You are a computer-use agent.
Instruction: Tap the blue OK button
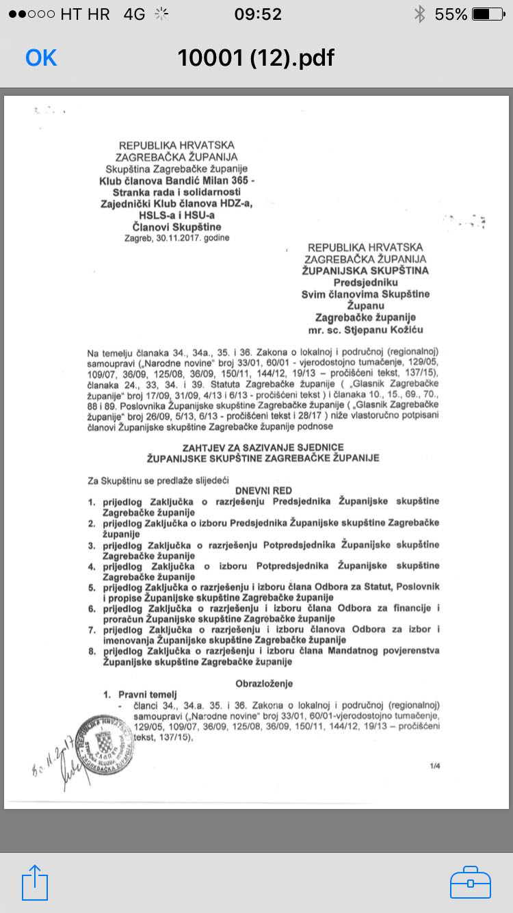[41, 58]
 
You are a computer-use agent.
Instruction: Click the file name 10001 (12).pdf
[256, 58]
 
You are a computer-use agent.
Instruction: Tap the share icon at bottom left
[35, 882]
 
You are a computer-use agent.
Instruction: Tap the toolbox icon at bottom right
[471, 882]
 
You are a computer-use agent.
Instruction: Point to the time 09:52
[258, 14]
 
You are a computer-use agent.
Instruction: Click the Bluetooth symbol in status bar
[419, 14]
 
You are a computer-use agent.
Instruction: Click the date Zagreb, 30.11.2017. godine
[176, 237]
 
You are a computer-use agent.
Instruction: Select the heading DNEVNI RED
[264, 491]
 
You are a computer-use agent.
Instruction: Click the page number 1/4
[434, 766]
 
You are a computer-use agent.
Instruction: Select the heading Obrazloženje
[264, 683]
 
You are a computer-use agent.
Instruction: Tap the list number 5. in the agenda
[91, 587]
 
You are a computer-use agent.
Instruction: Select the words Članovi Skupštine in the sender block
[177, 227]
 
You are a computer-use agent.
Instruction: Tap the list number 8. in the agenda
[91, 651]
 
